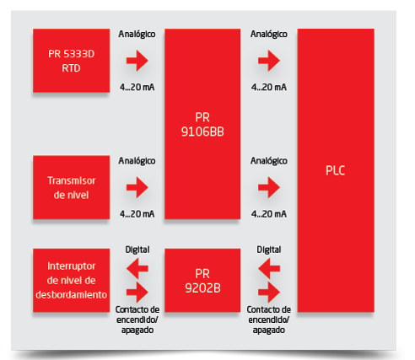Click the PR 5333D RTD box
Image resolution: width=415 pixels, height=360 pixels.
[71, 61]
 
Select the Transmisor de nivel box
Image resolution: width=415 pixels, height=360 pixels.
[71, 187]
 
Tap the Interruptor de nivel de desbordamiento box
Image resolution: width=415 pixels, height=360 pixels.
[71, 280]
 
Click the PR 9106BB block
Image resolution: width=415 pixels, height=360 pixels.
[202, 124]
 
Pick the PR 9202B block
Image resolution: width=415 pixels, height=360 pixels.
[202, 280]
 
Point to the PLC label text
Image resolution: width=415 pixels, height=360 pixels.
[335, 170]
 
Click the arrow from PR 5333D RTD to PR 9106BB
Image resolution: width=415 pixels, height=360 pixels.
[137, 61]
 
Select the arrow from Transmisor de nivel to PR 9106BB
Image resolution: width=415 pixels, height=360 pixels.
[137, 187]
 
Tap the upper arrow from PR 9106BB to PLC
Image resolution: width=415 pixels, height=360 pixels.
[269, 61]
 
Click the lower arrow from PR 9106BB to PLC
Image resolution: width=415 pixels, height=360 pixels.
[269, 187]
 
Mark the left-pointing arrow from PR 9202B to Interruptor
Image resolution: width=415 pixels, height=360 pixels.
[137, 268]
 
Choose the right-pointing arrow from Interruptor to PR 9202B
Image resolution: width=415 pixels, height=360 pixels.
[137, 293]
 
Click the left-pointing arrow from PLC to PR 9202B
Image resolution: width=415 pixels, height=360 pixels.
[269, 268]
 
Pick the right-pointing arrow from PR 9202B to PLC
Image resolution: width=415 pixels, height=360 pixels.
[269, 293]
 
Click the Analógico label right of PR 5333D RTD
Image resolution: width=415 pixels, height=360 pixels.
[137, 34]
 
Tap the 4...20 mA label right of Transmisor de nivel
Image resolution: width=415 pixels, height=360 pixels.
[137, 214]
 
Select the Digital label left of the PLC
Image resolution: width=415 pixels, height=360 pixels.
[269, 250]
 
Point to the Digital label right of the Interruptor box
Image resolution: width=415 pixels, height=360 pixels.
[137, 250]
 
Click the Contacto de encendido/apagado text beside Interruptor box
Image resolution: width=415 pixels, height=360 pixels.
[137, 320]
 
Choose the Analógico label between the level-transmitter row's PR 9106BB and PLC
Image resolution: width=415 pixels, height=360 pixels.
[269, 161]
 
